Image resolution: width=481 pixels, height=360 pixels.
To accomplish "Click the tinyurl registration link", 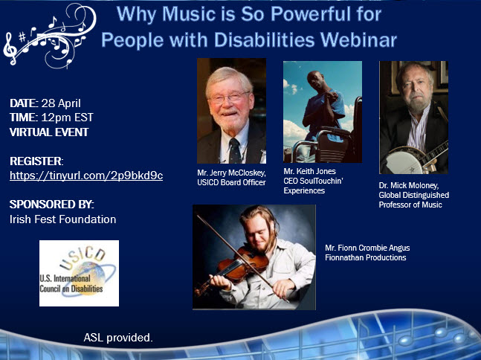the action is coord(86,176).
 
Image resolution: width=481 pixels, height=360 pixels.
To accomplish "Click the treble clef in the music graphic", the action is coord(10,49).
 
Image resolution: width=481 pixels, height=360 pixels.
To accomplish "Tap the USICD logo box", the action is coord(79,273).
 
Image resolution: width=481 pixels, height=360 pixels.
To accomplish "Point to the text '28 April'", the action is coord(61,103).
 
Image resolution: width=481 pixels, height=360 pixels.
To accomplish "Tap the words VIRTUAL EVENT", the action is coord(49,132).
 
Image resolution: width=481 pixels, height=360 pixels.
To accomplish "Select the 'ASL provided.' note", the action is coord(118,338).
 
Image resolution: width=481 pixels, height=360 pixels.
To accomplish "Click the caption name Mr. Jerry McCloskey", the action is coord(231,173).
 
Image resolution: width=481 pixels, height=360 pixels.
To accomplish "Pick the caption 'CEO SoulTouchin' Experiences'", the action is coord(313,186).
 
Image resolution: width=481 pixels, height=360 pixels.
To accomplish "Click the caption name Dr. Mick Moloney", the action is coord(409,185).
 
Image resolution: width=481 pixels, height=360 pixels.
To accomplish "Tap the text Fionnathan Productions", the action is coord(365,257).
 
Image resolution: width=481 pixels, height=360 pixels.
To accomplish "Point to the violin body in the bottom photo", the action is coord(242,265).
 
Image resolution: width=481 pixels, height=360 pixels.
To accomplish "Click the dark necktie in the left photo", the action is coord(235,151).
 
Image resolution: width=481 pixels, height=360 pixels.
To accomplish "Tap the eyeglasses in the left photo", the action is coord(229,97).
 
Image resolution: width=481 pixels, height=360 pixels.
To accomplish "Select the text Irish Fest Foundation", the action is coord(63,219).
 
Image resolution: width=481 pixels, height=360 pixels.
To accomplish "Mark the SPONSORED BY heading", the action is coord(52,205).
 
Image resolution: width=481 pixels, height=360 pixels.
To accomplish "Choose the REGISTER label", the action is coord(36,161).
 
